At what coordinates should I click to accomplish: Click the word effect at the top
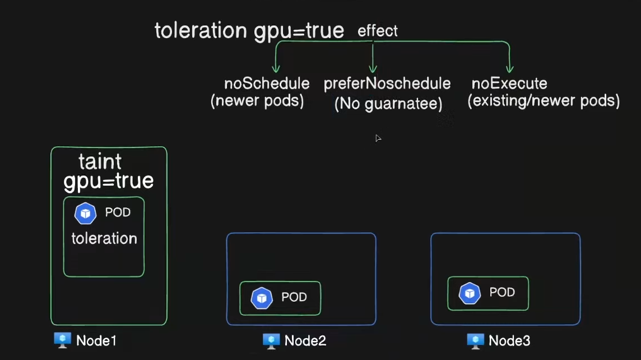point(377,31)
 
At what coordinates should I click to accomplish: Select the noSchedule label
point(267,84)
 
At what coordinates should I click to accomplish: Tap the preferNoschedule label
point(387,84)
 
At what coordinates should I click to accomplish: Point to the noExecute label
point(509,84)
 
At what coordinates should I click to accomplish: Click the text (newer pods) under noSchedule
point(257,100)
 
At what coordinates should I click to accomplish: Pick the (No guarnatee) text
point(388,104)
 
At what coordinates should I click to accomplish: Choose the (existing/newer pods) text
point(544,100)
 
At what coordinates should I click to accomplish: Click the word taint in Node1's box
point(100,161)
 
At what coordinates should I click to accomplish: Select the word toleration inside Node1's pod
point(104,238)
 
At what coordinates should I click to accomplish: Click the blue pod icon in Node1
point(85,214)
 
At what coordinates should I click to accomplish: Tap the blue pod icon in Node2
point(262,298)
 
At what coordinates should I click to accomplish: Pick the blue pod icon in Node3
point(470,293)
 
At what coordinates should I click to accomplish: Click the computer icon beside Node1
point(63,340)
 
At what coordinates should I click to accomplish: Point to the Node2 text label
point(305,341)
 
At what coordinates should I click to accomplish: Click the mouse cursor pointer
point(378,139)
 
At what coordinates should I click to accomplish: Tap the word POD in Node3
point(502,292)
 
